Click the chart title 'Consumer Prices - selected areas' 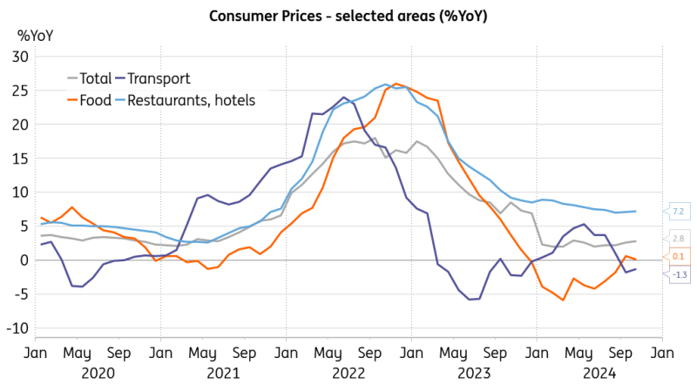(x=348, y=17)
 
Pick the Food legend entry (x=95, y=100)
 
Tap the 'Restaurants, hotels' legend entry (x=191, y=100)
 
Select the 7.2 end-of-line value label (x=679, y=212)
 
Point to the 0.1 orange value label (x=679, y=256)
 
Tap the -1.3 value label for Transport (x=679, y=274)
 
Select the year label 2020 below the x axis (x=98, y=372)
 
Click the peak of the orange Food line (x=396, y=84)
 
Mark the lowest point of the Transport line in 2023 (x=470, y=300)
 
